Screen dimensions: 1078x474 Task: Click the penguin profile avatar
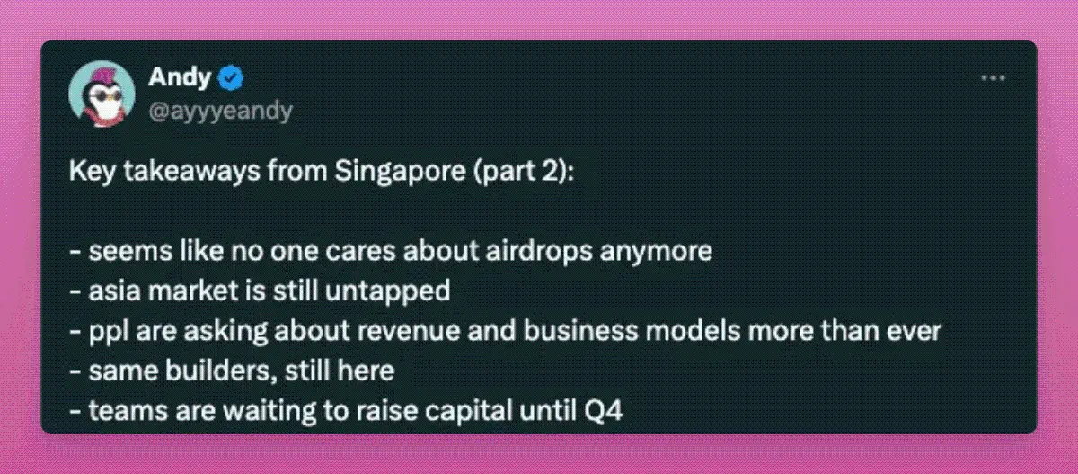[x=102, y=94]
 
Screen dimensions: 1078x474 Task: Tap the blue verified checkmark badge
[x=231, y=77]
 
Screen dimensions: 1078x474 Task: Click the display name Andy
[x=180, y=77]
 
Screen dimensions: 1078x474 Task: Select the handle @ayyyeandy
[x=220, y=112]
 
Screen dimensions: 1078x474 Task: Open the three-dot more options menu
[x=994, y=77]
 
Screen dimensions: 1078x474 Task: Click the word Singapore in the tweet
[x=400, y=172]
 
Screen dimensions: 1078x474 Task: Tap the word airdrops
[x=538, y=252]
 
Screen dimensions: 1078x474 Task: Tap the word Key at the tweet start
[x=93, y=172]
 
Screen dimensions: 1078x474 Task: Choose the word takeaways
[x=191, y=172]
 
